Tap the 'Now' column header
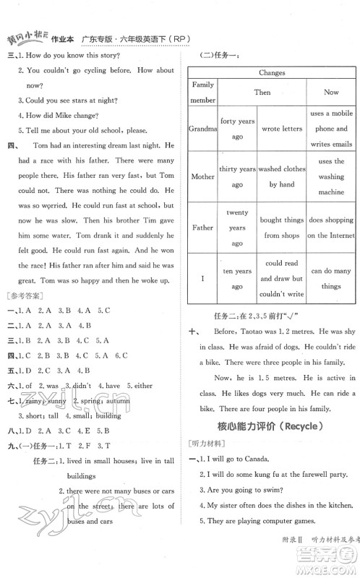[331, 92]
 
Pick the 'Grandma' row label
[202, 129]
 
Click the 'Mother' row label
[202, 176]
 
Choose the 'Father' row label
[202, 227]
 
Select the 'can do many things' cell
[331, 278]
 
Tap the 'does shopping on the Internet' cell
[331, 227]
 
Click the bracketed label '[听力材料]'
[205, 444]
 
